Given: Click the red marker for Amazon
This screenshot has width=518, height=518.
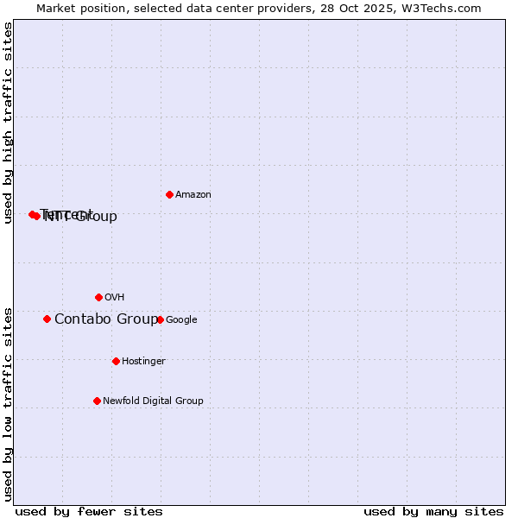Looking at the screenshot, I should pos(169,194).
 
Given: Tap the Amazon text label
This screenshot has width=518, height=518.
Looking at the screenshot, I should pos(193,195).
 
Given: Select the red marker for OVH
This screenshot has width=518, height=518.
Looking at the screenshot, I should pos(98,297).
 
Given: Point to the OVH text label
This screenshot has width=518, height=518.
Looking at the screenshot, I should pos(115,298).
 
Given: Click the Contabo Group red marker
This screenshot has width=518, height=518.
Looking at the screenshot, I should pos(47,319).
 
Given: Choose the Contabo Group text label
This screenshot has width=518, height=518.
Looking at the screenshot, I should pos(106,319).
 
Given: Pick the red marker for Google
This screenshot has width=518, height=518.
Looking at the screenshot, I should pos(160,319).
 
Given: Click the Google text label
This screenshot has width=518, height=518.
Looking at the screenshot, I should pos(181,320).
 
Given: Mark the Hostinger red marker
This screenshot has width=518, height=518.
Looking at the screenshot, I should pos(116,361).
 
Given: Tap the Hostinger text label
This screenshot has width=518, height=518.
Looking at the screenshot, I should pos(143,362).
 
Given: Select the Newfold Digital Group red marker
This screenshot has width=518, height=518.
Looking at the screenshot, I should pos(97,401).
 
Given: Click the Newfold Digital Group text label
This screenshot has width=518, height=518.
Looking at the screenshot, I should pos(153,401).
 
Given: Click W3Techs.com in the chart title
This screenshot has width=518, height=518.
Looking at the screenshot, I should pos(439,9).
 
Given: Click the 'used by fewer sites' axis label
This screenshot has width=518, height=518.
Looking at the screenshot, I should pos(89,511).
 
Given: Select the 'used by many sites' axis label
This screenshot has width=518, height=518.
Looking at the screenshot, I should pos(433,511).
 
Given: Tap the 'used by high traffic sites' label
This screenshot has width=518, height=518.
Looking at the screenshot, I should pos(9,123).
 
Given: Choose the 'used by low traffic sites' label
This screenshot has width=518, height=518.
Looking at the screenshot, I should pos(9,403).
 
